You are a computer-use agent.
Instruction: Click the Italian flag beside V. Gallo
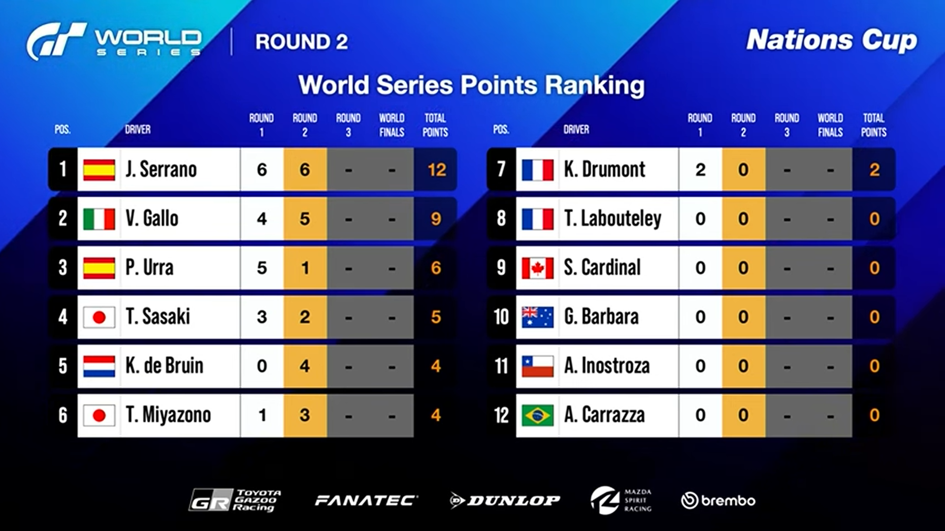point(99,219)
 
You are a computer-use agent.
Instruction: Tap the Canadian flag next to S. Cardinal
point(537,268)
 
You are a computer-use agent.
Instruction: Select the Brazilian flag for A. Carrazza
point(537,415)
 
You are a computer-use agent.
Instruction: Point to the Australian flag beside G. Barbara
point(537,317)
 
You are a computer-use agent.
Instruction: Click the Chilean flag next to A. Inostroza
point(537,366)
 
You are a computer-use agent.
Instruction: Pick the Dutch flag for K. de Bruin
point(99,366)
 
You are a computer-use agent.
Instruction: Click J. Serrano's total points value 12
point(436,170)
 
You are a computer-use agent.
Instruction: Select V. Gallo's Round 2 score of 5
point(305,219)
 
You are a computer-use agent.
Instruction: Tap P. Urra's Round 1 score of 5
point(261,268)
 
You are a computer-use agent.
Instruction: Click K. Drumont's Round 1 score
point(700,170)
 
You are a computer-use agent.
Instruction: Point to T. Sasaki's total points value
point(436,317)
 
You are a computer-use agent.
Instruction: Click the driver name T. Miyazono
point(168,415)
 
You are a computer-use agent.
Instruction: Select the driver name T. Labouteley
point(613,219)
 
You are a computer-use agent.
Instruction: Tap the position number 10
point(501,317)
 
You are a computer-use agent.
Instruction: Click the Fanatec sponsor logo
point(365,500)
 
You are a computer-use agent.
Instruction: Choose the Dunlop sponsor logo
point(505,500)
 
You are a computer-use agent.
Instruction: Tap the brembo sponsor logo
point(718,500)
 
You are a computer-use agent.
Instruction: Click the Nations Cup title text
point(831,40)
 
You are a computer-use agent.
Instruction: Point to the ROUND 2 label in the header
point(301,42)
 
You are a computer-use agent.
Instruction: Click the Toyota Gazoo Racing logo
point(235,500)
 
